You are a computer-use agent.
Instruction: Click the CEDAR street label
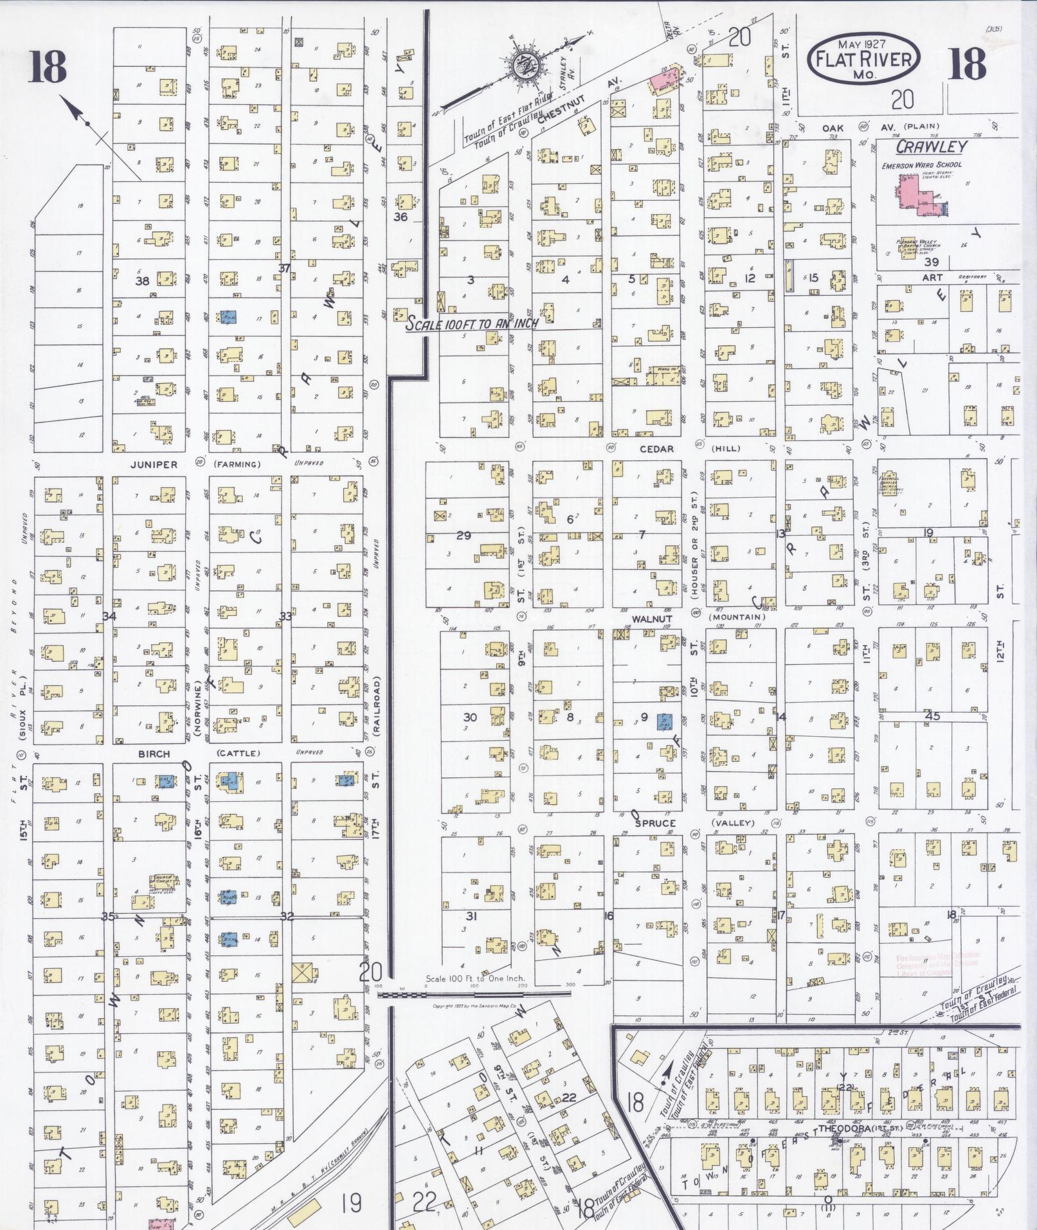click(656, 448)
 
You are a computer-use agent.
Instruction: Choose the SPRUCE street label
click(655, 823)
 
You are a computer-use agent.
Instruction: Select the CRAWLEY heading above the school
click(931, 147)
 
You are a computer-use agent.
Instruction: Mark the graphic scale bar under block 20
click(474, 993)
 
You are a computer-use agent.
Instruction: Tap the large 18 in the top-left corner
click(48, 68)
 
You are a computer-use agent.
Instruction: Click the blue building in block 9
click(664, 721)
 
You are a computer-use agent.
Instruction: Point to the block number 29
click(463, 535)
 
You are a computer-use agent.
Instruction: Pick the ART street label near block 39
click(932, 278)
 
